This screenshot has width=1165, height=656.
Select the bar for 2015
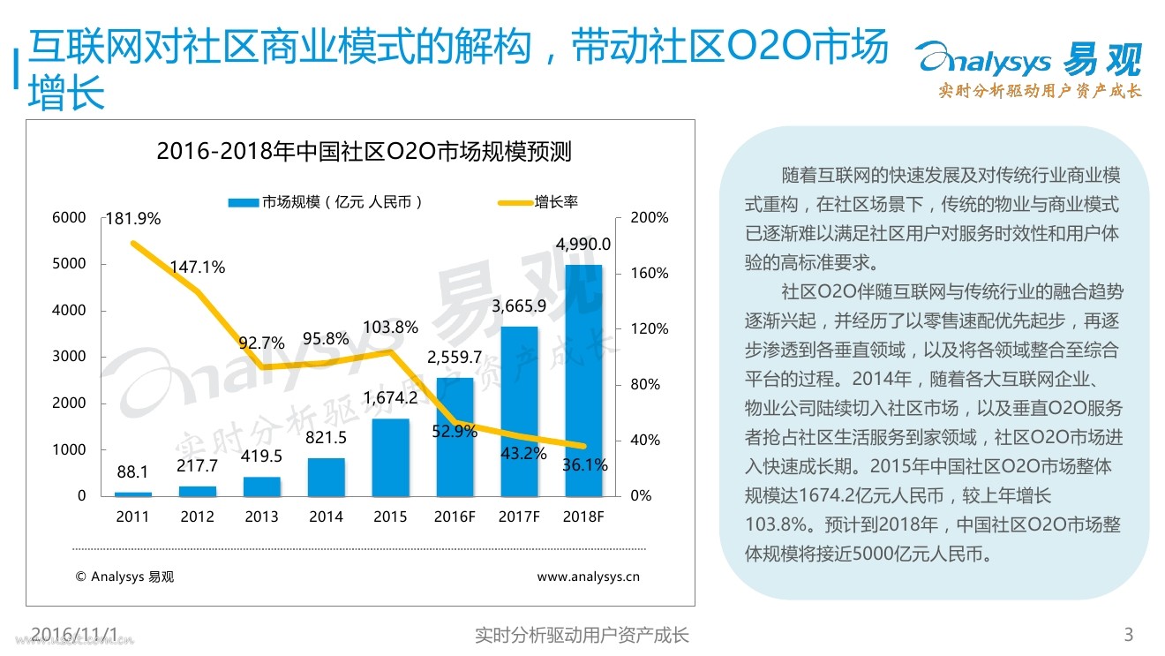point(390,456)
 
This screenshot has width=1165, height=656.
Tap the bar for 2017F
point(519,411)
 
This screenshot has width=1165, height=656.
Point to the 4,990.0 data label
point(582,245)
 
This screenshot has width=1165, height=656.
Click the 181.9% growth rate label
point(132,218)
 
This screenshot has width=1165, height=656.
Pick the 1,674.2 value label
point(390,398)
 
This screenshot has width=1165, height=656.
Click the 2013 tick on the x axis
point(261,517)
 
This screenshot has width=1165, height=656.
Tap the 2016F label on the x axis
point(455,517)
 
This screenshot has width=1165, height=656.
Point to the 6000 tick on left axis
point(70,217)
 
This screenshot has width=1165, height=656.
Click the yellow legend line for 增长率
point(513,202)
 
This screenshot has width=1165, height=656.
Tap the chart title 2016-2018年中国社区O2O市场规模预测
point(364,152)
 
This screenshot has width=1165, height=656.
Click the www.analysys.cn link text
point(588,577)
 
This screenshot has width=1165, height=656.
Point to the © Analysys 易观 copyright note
point(125,577)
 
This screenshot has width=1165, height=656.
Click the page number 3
point(1128,634)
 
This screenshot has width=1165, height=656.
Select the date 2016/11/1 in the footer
point(74,634)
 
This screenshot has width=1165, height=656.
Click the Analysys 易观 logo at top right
point(1028,67)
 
